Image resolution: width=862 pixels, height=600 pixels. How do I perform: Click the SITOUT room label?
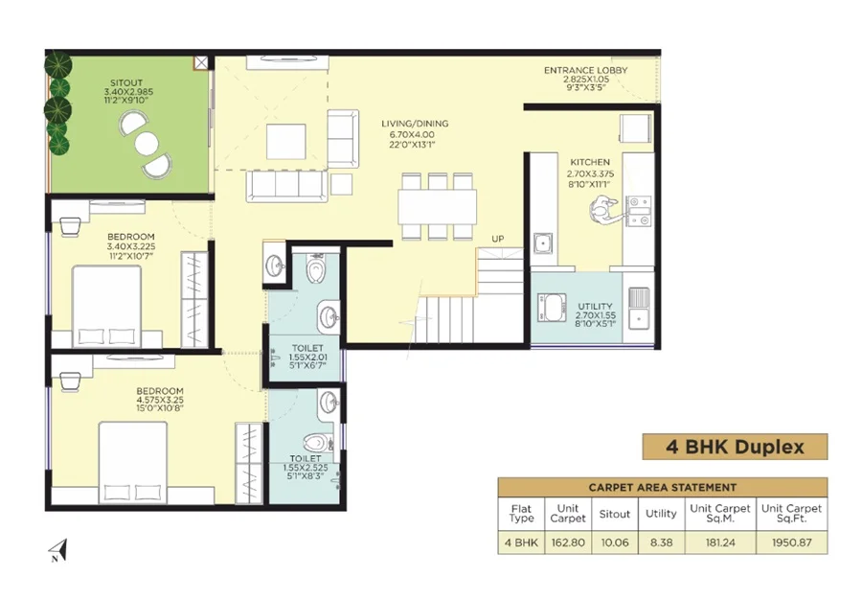tap(125, 83)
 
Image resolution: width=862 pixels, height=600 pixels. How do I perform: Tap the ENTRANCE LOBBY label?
tap(585, 70)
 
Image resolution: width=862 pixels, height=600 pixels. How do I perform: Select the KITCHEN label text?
tap(590, 162)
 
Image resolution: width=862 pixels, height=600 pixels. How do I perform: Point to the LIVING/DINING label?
tap(415, 124)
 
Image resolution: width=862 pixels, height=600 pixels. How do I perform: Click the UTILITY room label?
tap(595, 307)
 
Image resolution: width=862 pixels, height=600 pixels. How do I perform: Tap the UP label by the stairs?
tap(497, 239)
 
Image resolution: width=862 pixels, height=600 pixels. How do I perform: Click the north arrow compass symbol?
tap(58, 550)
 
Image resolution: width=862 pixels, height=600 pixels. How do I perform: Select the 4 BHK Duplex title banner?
tap(735, 447)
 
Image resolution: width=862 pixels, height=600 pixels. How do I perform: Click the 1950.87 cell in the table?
tap(792, 542)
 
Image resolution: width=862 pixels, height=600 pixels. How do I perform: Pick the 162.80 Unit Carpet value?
tap(568, 542)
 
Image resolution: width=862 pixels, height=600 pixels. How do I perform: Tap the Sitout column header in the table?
tap(615, 514)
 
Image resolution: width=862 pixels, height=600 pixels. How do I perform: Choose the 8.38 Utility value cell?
tap(661, 542)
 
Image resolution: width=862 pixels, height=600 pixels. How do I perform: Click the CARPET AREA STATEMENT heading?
tap(663, 487)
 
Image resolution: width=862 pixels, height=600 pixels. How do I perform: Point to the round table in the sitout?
tap(147, 144)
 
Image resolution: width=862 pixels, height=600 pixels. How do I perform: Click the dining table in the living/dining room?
tap(438, 206)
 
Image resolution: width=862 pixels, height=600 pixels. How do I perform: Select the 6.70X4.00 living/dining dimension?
tap(412, 134)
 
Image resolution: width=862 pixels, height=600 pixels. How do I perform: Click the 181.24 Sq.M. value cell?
tap(720, 542)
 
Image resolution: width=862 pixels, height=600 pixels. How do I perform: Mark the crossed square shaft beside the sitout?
tap(201, 62)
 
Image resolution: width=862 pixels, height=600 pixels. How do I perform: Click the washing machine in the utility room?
tap(552, 308)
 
